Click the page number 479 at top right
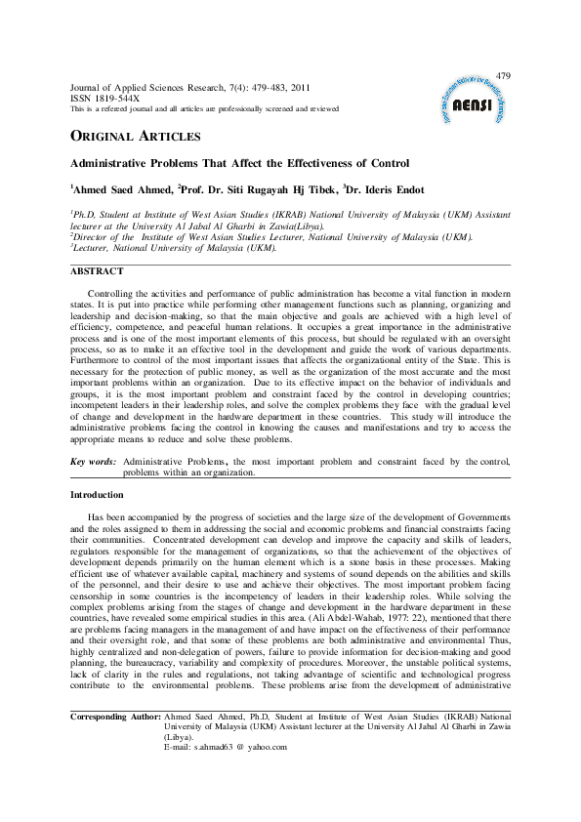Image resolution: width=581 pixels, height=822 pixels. click(x=504, y=76)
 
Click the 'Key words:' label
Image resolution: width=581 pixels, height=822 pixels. click(x=94, y=460)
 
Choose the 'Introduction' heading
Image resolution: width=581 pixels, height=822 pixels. click(x=98, y=495)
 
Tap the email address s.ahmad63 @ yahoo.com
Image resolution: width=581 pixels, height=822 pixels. click(x=244, y=746)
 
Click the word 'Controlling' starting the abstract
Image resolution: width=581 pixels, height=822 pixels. click(x=112, y=293)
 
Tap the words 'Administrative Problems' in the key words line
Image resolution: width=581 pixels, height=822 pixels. click(x=176, y=460)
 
